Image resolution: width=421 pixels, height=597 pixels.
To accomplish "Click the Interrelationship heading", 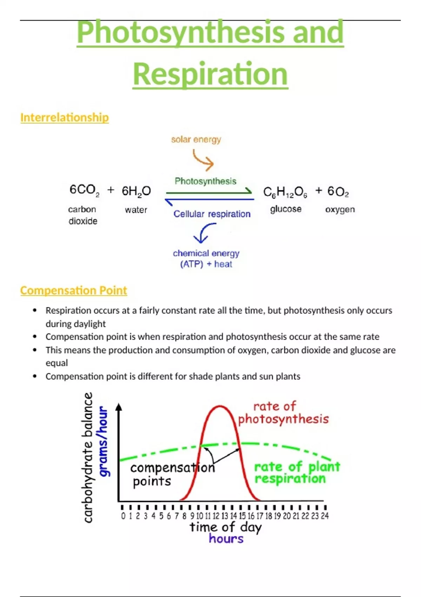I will pos(65,117).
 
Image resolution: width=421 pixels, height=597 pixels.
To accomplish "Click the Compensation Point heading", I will pos(74,290).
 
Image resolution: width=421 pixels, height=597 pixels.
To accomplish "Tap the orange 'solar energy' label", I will pos(196,139).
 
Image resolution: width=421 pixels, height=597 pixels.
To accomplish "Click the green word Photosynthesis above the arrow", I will pos(206,181).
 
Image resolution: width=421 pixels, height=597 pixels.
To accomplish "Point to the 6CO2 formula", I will pos(84,190).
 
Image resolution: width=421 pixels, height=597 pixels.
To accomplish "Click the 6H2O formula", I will pos(136,191).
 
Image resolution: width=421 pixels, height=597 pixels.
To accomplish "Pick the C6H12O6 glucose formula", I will pos(285,192).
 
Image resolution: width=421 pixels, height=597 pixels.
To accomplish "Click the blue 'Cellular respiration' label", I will pos(212,214).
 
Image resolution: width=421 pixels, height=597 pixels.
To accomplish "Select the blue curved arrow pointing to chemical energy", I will pos(204,233).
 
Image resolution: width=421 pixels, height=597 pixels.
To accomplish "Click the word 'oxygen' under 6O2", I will pos(340,209).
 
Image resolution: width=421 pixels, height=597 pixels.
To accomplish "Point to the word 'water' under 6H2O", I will pos(136,210).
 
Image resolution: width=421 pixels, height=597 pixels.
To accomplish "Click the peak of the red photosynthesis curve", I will pos(220,406).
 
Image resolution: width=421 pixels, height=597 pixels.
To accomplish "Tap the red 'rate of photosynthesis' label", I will pos(283,413).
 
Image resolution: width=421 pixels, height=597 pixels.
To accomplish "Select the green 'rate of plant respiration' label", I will pos(297,473).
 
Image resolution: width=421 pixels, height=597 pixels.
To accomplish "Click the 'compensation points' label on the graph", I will pos(172,474).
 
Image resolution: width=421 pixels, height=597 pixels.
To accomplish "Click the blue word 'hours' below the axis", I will pos(226,539).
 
